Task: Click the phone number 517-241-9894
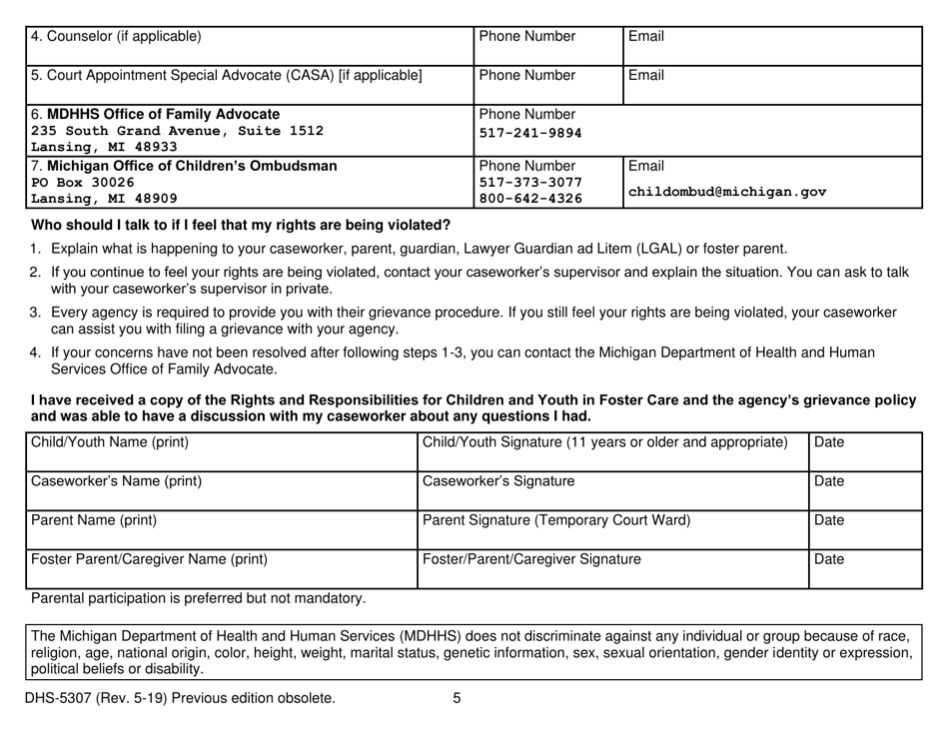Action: point(524,132)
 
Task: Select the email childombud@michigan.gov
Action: point(717,191)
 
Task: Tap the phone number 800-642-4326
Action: point(524,201)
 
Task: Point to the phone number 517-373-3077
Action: point(524,183)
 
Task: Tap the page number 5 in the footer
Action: point(456,699)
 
